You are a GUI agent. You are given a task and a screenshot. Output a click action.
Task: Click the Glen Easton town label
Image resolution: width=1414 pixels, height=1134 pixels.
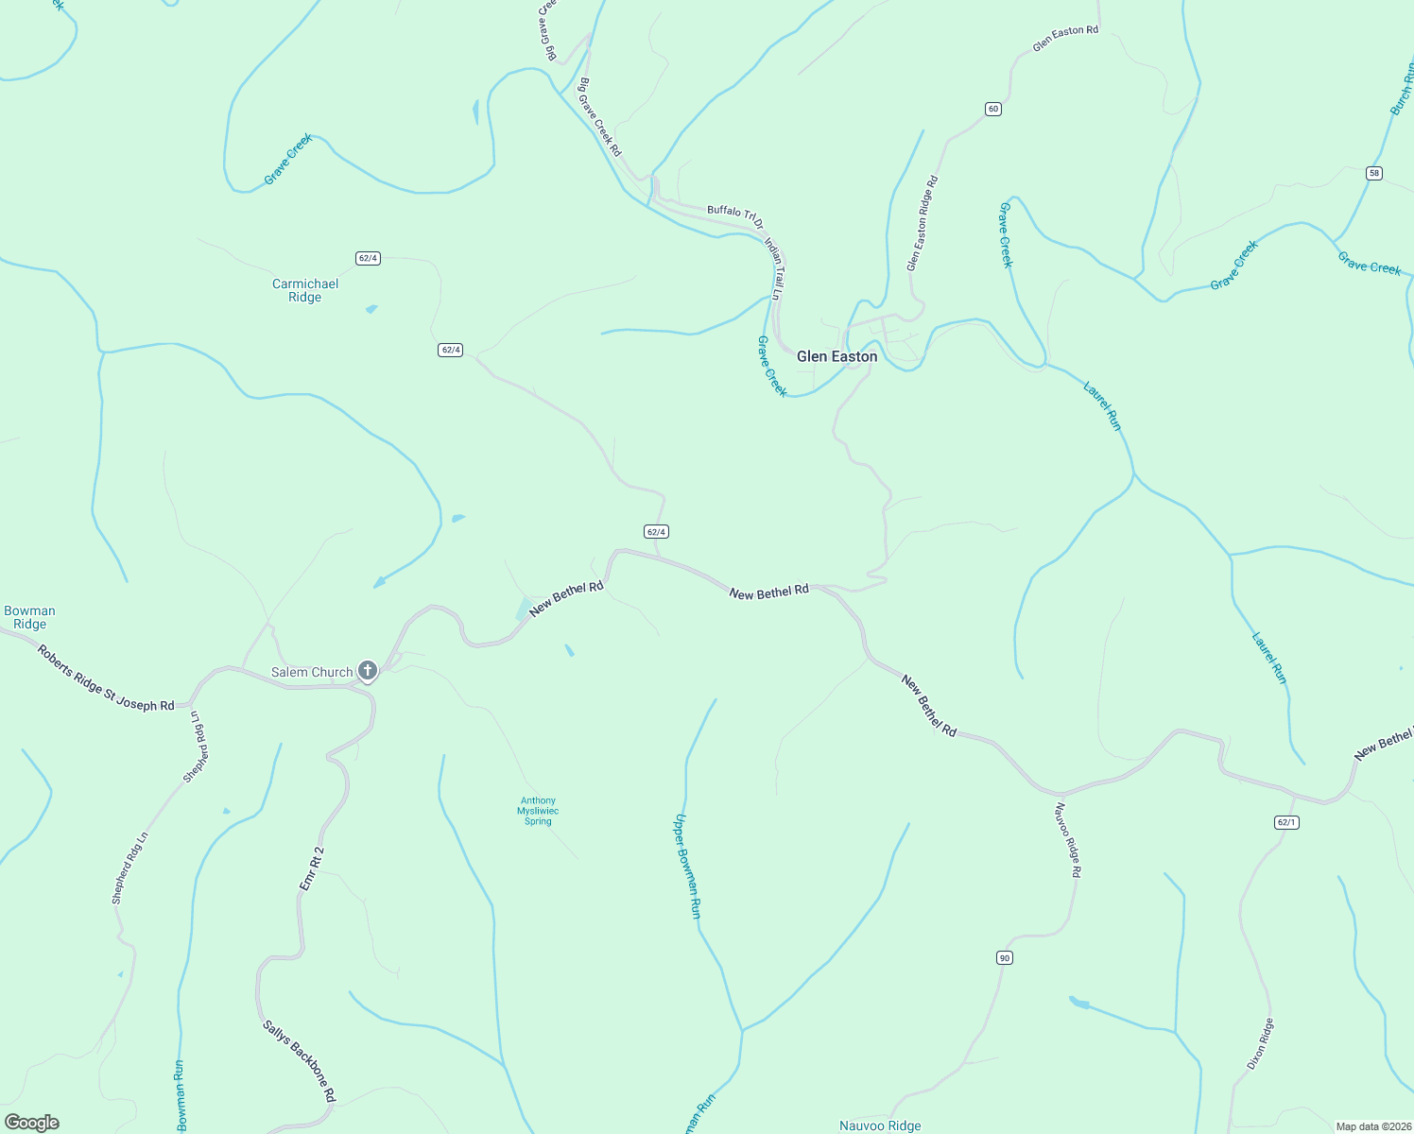coord(836,356)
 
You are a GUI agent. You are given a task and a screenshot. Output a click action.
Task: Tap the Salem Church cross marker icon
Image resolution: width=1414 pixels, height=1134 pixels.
coord(368,671)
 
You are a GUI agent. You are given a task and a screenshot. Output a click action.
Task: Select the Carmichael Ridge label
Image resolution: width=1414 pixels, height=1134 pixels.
coord(304,290)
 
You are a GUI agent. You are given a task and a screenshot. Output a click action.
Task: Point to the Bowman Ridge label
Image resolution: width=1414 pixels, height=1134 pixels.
coord(29,617)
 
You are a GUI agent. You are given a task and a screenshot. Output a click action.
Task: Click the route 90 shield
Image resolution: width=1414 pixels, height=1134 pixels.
coord(1004,958)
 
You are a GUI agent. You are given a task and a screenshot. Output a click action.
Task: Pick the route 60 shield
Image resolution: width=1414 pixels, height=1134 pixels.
coord(992,109)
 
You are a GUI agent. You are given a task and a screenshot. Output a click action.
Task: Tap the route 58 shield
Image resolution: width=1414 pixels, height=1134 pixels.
coord(1374,173)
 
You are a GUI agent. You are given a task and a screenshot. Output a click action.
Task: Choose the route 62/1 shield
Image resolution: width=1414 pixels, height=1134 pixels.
coord(1286,822)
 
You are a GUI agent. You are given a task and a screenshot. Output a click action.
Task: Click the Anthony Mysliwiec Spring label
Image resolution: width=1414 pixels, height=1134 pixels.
coord(538,811)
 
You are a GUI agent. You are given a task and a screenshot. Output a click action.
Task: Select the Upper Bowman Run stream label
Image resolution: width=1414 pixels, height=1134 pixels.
coord(687,866)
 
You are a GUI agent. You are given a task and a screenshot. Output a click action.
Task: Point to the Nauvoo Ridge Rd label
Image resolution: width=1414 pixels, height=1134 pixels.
coord(1068,840)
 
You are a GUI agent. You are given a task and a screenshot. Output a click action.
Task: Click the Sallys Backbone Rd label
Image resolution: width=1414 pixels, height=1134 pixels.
coord(299,1061)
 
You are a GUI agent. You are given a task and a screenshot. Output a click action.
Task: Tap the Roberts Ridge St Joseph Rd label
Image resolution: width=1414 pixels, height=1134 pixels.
coord(106,679)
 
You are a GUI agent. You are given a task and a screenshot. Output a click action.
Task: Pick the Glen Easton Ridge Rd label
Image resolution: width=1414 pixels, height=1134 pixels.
coord(922,223)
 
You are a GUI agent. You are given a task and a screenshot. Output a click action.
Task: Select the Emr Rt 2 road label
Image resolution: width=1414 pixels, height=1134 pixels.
coord(312,868)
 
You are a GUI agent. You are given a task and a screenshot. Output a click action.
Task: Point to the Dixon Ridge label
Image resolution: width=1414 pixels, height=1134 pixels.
coord(1260,1043)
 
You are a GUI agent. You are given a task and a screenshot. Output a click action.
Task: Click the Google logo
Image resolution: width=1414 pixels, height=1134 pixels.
coord(32,1123)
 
